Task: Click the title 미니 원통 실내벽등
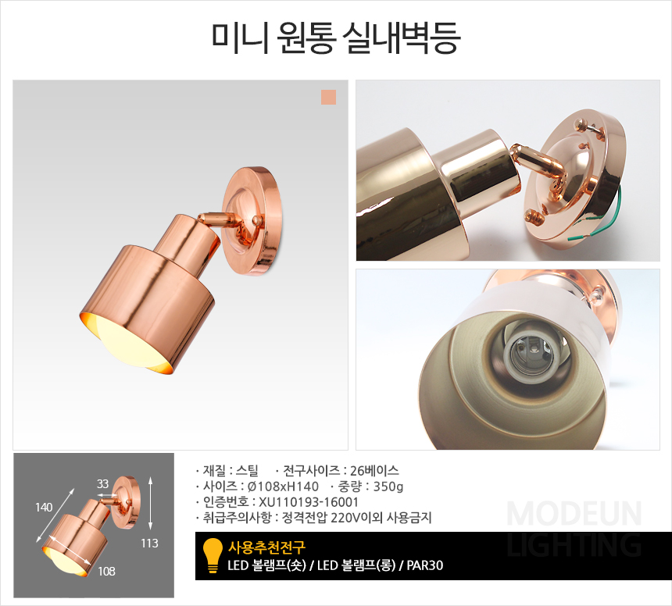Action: coord(336,37)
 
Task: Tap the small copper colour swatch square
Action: coord(328,97)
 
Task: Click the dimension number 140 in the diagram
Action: coord(44,508)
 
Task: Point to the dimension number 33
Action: coord(102,483)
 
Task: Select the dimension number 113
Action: coord(149,543)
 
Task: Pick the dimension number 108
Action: coord(106,571)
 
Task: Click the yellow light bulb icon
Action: coord(213,555)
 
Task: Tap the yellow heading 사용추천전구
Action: coord(266,547)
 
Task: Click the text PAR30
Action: coord(425,565)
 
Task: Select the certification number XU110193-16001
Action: coord(309,502)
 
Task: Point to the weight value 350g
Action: coord(388,487)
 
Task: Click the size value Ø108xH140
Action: coord(284,487)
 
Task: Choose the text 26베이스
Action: coord(374,471)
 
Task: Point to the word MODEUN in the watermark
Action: coord(574,514)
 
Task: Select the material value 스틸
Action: coord(247,471)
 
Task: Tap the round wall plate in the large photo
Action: coord(252,221)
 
